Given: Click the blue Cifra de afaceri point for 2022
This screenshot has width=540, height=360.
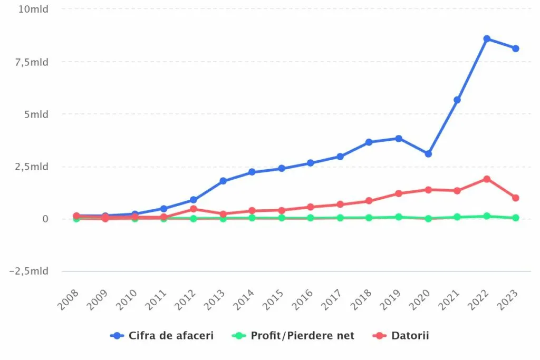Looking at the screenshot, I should (487, 39).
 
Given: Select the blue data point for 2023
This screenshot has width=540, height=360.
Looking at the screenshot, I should (516, 48).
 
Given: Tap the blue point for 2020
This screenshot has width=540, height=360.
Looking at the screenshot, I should (428, 154).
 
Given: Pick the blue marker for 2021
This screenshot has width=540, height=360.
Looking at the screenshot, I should (457, 100).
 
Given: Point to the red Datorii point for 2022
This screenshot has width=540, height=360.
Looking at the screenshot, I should (487, 179).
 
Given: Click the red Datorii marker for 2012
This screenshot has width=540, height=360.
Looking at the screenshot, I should (194, 209).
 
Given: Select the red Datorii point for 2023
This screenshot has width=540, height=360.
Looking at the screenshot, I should (516, 198).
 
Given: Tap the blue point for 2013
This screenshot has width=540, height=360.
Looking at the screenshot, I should (223, 181).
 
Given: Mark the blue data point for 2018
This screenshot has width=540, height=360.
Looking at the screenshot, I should (369, 142).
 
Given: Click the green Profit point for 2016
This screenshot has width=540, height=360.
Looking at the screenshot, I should (311, 218).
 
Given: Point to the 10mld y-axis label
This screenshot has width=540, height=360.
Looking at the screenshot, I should (33, 9).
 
